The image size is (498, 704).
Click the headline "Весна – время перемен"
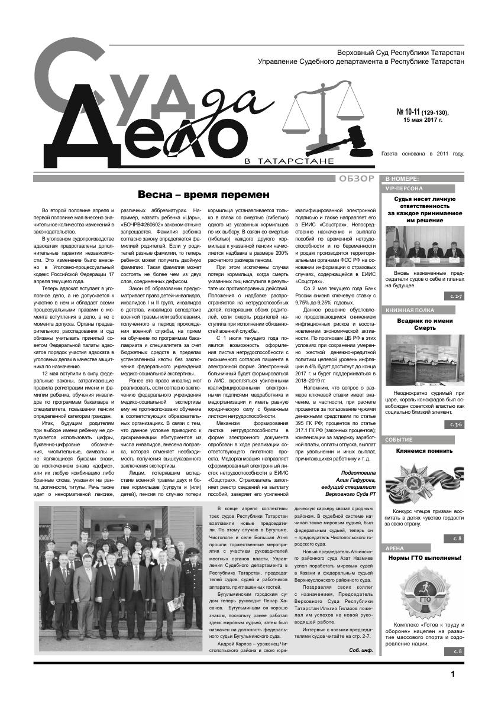click(203, 194)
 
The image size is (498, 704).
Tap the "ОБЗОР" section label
click(356, 179)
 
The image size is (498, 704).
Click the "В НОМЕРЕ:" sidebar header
click(402, 179)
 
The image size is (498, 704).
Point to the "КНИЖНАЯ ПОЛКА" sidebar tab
click(410, 310)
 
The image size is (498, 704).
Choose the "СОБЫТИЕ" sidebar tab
click(399, 440)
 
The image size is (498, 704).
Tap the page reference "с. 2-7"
click(455, 294)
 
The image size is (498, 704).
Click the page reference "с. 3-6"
click(455, 424)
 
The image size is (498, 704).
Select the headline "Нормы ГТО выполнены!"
click(425, 557)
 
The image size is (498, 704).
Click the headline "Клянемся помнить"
click(425, 451)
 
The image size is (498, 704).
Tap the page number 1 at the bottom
click(452, 674)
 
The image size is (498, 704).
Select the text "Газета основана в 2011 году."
click(423, 154)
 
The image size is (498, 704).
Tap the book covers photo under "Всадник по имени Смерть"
click(424, 358)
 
